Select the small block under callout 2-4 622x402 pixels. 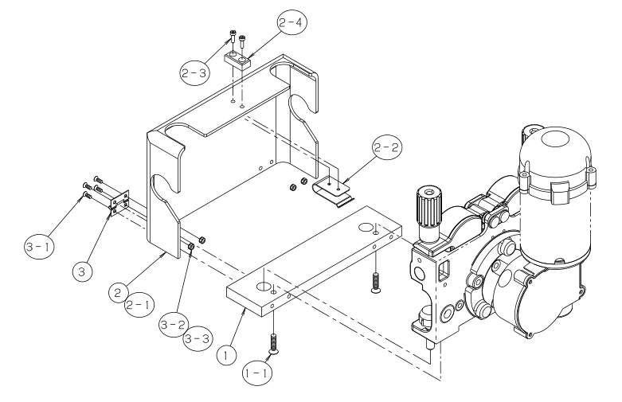[237, 59]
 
